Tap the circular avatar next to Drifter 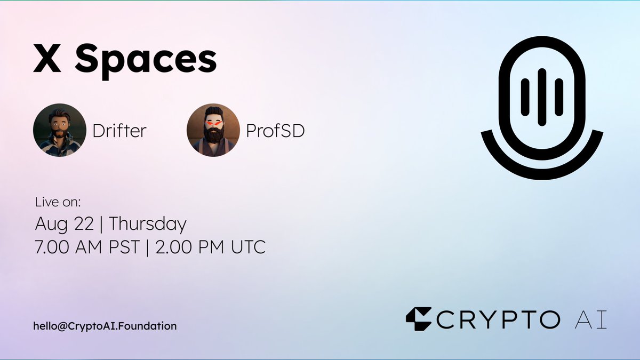(60, 130)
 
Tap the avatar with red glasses (213, 130)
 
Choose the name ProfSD (275, 131)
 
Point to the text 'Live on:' (57, 203)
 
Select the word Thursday (148, 224)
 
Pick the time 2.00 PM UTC (209, 247)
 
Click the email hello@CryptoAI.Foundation (105, 325)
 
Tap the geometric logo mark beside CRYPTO (418, 319)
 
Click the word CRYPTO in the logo (499, 319)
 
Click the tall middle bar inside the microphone (542, 97)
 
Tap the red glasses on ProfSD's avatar (213, 124)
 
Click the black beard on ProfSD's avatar (213, 135)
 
